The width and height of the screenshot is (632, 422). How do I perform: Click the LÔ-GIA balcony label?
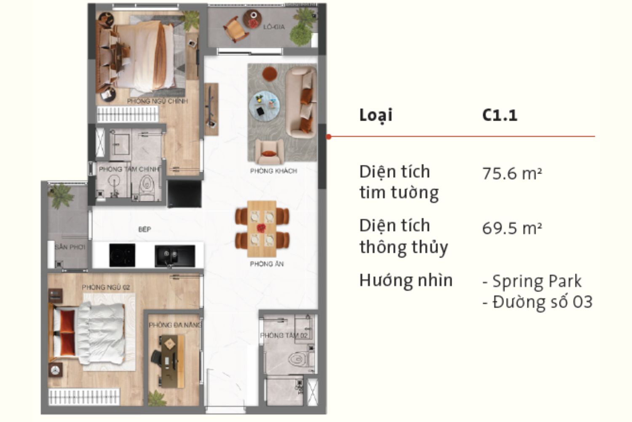click(x=274, y=27)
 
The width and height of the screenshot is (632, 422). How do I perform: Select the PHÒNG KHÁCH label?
click(x=273, y=171)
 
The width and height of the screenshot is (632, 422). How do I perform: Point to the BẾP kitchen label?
click(x=145, y=230)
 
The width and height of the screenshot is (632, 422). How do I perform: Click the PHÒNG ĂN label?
click(x=267, y=264)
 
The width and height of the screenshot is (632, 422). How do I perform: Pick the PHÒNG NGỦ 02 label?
click(x=106, y=287)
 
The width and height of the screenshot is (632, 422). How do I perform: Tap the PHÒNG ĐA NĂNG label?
click(x=175, y=325)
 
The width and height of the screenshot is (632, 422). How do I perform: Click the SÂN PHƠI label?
click(x=70, y=247)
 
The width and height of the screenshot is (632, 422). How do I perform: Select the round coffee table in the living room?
click(x=264, y=105)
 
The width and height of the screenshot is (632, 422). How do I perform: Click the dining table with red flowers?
click(x=262, y=228)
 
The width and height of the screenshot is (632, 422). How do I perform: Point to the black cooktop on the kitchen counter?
click(x=122, y=255)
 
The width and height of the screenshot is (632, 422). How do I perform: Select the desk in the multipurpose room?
click(x=174, y=361)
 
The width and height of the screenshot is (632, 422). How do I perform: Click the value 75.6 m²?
click(x=512, y=173)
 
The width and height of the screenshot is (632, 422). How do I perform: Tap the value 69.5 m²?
click(x=512, y=228)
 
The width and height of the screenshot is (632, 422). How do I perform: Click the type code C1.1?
click(x=500, y=115)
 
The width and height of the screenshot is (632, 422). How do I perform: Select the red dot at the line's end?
click(x=329, y=137)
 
